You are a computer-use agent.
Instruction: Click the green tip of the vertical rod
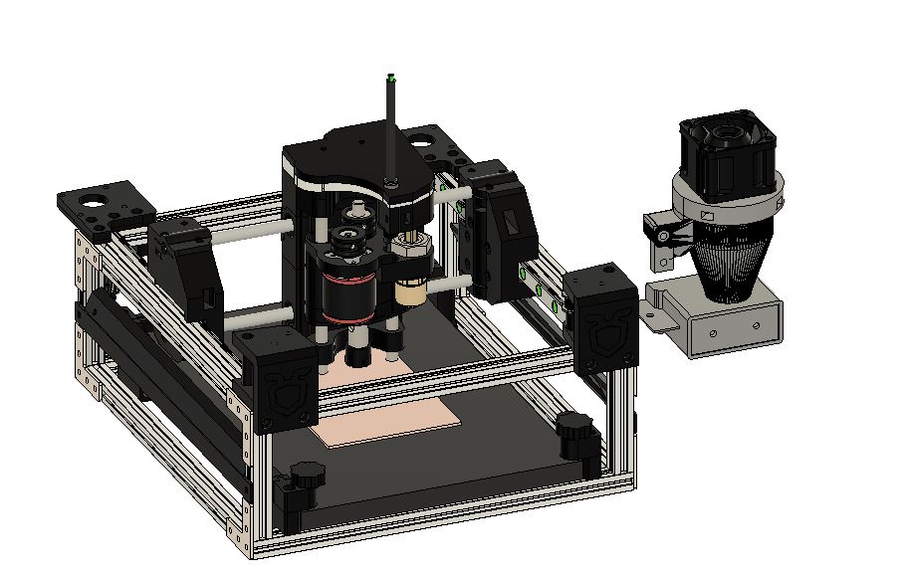point(391,77)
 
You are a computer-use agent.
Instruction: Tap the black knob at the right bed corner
point(575,431)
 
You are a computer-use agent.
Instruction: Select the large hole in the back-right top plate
point(425,140)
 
